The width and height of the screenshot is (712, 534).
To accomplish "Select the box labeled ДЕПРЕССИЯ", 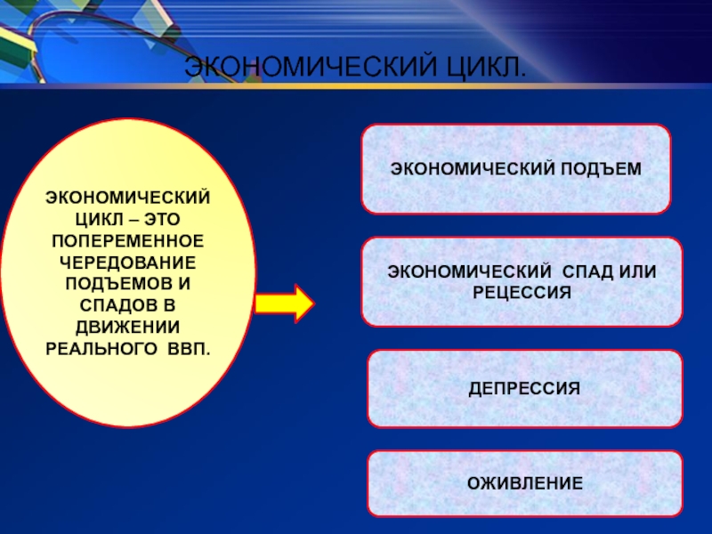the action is [524, 389].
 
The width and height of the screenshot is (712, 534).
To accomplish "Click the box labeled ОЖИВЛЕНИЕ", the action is [525, 484].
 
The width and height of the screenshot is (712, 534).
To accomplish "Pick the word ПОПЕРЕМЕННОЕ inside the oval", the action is [129, 240].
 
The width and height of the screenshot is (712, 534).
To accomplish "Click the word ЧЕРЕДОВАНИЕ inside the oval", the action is [129, 262].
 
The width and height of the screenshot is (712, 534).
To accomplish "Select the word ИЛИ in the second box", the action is [638, 271].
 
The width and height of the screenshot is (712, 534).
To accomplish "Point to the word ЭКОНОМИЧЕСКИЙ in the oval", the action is [129, 199].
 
